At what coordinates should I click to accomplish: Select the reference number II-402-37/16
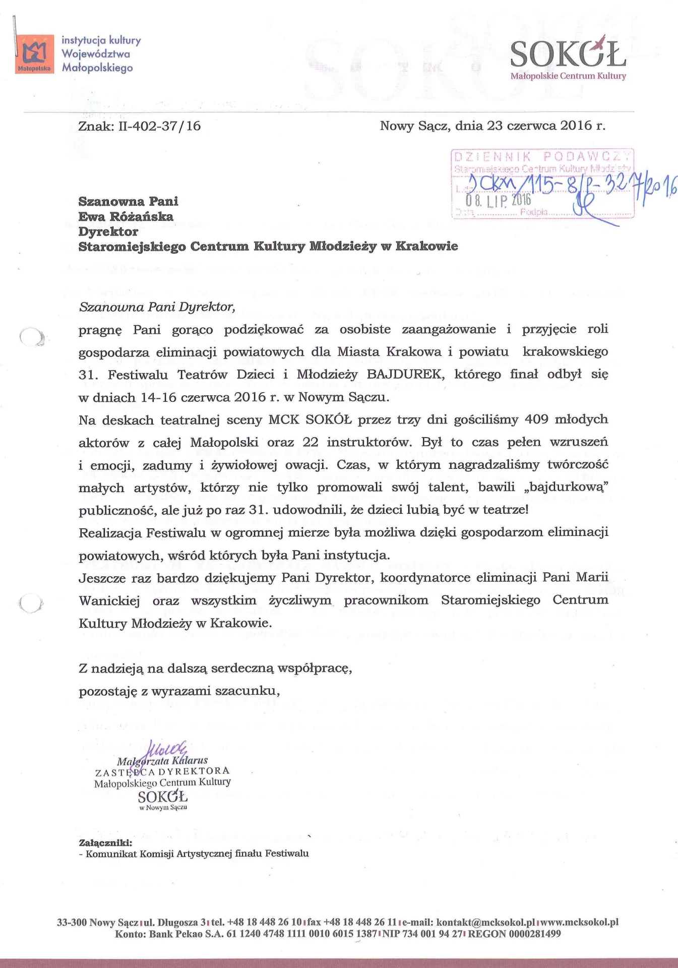(x=159, y=126)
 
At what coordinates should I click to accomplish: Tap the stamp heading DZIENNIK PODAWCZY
(x=542, y=156)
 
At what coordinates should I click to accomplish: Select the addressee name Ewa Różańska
(x=126, y=217)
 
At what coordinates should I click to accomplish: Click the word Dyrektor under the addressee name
(x=108, y=232)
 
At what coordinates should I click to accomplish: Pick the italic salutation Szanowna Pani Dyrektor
(x=157, y=307)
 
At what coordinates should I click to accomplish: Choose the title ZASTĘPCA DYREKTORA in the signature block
(x=162, y=771)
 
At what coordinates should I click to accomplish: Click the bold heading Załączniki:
(x=106, y=842)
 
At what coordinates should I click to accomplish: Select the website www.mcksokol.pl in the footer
(x=580, y=922)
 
